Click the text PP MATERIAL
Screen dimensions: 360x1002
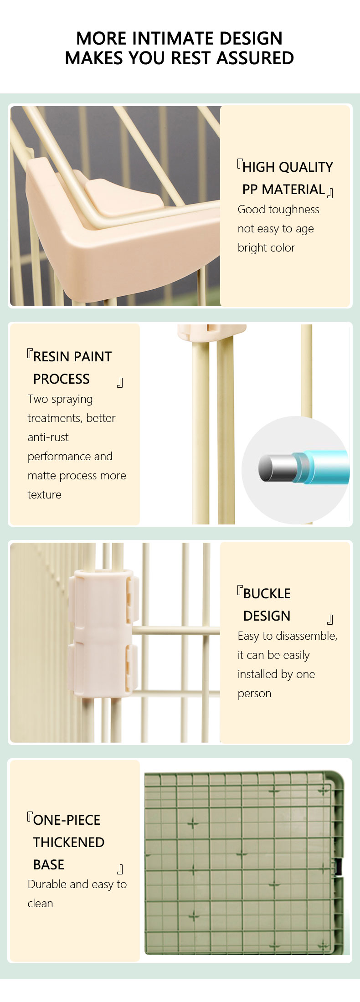click(283, 190)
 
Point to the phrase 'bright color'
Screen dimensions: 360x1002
click(266, 248)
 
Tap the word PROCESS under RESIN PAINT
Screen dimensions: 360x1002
click(61, 379)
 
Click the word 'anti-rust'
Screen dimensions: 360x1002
click(48, 437)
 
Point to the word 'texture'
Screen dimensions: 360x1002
click(44, 495)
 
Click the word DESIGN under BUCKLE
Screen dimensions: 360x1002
click(267, 616)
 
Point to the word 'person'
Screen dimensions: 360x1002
click(254, 694)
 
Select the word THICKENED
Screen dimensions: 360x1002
click(69, 843)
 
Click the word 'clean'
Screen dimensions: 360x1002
click(40, 904)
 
